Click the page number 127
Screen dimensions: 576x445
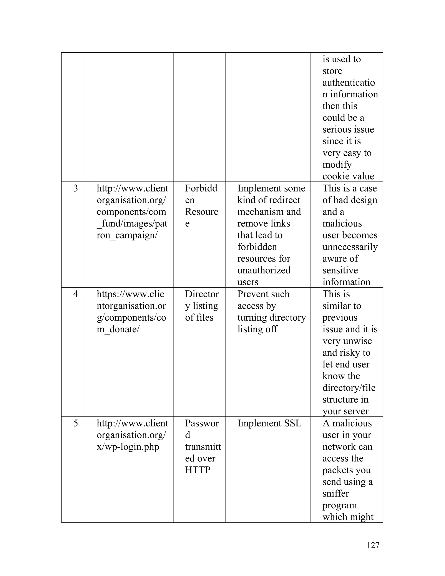[x=373, y=545]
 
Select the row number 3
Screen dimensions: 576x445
[x=75, y=188]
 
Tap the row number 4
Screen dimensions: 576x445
[x=75, y=294]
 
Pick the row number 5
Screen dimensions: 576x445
[x=75, y=423]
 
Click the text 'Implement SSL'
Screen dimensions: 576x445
[x=269, y=423]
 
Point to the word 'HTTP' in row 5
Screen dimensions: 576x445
[x=198, y=470]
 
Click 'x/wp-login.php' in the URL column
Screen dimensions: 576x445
[x=128, y=447]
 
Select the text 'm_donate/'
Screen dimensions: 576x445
[x=118, y=329]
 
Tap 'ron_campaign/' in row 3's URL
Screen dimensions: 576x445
[x=127, y=235]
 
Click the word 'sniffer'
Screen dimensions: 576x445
[x=335, y=493]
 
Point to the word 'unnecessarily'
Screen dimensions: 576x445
[x=350, y=247]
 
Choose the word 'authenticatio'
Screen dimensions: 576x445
[x=349, y=83]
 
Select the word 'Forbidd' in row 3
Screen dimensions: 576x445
[x=201, y=188]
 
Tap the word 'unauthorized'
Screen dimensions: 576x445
[x=264, y=270]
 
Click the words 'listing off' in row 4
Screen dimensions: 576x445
[x=257, y=329]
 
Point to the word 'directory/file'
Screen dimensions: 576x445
[x=349, y=388]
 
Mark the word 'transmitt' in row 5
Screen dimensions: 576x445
[x=203, y=447]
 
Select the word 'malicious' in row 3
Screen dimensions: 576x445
[x=342, y=224]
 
